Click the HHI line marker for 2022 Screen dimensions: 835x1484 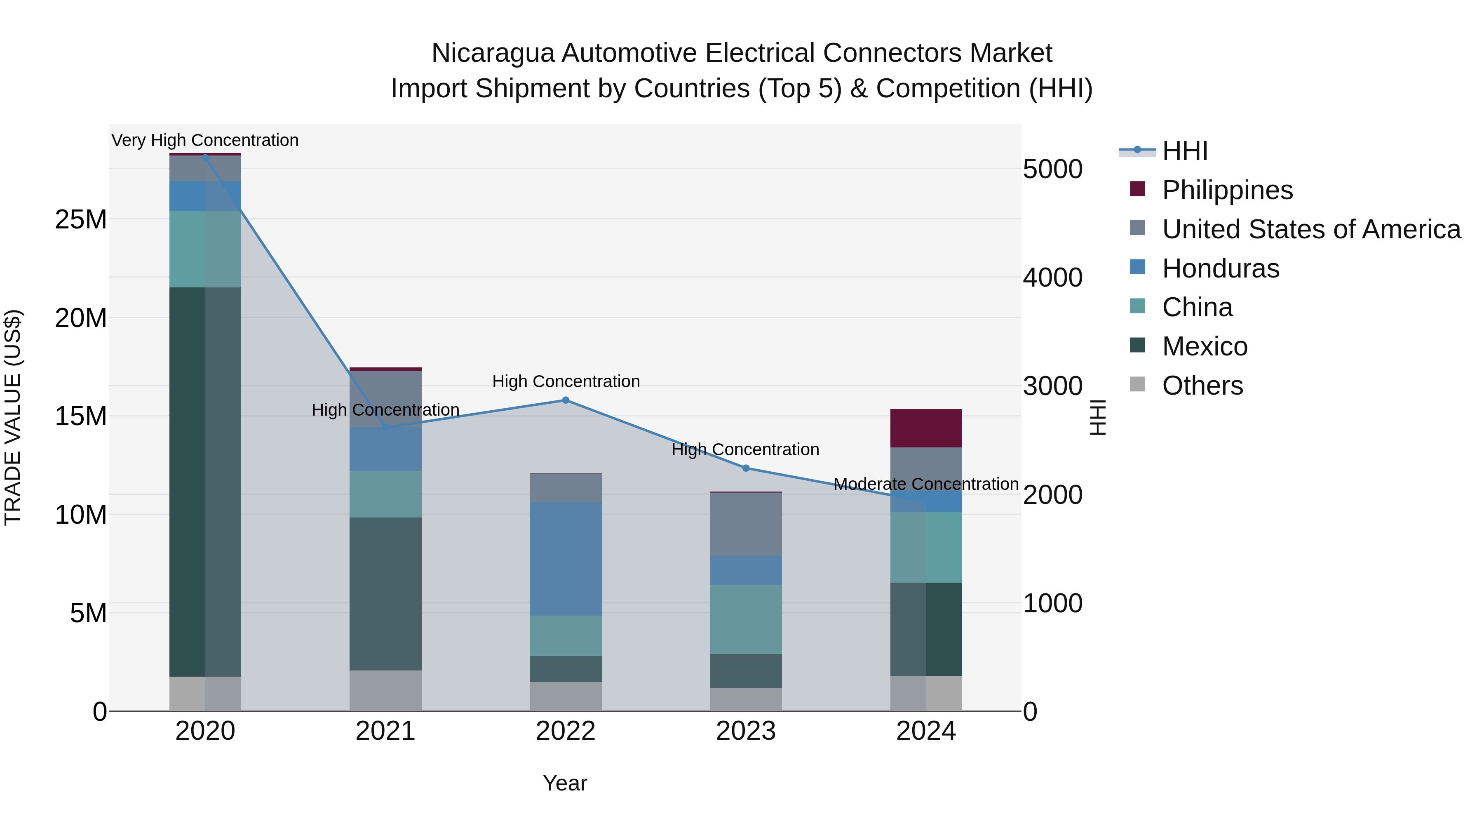[x=565, y=400]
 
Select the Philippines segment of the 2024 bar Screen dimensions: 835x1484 [x=926, y=428]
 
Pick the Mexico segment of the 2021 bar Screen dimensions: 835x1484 [x=385, y=593]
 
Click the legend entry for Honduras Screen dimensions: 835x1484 [x=1220, y=268]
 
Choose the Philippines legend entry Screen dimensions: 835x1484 [x=1227, y=190]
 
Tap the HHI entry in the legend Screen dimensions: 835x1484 [x=1184, y=151]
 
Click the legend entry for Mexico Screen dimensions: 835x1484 [x=1204, y=346]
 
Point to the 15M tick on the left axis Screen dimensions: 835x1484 [x=81, y=416]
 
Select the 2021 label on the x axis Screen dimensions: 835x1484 [x=385, y=731]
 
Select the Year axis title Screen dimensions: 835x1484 [x=565, y=783]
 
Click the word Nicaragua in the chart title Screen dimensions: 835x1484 [x=493, y=53]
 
